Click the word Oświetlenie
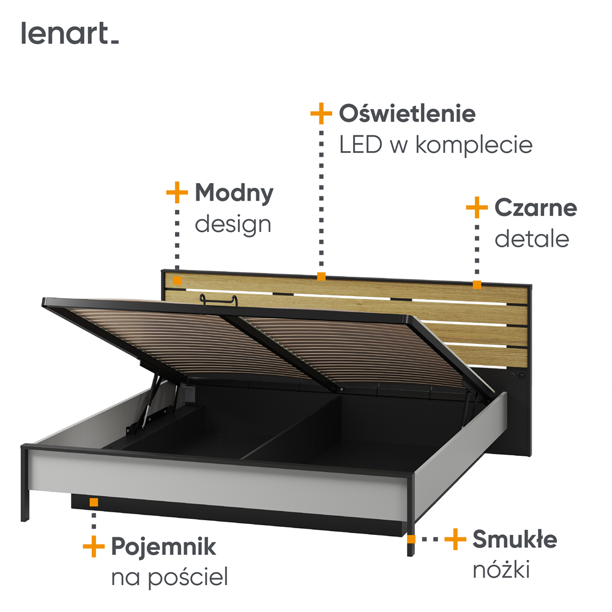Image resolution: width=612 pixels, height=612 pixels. (407, 113)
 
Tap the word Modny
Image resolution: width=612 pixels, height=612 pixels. (234, 193)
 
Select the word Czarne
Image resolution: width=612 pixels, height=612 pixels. (535, 207)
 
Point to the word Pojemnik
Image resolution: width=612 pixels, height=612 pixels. (163, 546)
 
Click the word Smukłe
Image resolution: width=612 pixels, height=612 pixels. (514, 540)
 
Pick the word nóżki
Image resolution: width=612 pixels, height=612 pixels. (501, 570)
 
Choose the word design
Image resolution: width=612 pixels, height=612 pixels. (233, 224)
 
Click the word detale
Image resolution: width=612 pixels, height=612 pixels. (531, 239)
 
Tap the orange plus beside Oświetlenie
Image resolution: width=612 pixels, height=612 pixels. (321, 114)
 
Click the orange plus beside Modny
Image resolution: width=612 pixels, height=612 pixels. (177, 193)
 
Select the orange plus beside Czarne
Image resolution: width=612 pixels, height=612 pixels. (477, 207)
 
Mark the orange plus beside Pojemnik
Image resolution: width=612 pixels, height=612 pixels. (94, 546)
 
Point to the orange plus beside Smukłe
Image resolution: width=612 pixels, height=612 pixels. (455, 539)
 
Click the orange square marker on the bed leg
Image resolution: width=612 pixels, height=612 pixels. (411, 539)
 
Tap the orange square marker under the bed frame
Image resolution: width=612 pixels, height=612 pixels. (94, 502)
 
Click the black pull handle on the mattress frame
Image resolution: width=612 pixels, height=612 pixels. (218, 299)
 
